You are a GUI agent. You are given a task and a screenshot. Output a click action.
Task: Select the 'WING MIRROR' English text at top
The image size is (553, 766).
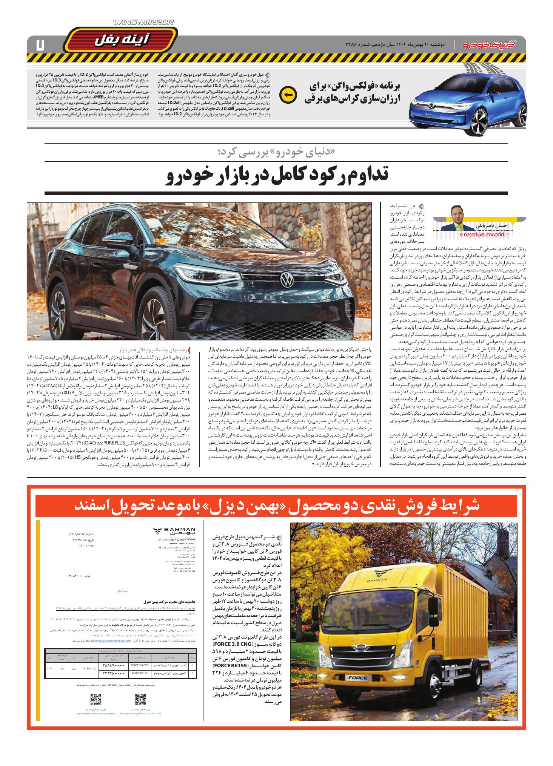[143, 23]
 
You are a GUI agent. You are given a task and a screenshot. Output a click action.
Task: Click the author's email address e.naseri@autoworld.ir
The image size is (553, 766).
[484, 234]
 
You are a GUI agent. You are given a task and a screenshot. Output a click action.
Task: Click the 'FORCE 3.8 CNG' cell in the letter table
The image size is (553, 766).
[138, 666]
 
